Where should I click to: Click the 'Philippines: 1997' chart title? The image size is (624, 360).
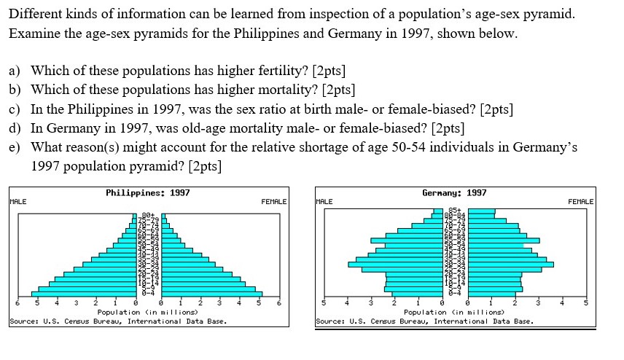click(148, 192)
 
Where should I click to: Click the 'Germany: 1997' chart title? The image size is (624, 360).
click(454, 192)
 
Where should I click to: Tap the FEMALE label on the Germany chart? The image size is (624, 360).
click(580, 201)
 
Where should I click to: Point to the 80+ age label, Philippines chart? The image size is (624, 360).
click(149, 216)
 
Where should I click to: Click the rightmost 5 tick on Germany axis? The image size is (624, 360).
click(585, 302)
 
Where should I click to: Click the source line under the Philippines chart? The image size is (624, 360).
click(118, 321)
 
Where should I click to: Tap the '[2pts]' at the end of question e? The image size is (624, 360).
click(204, 165)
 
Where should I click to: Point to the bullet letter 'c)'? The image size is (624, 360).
click(15, 109)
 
